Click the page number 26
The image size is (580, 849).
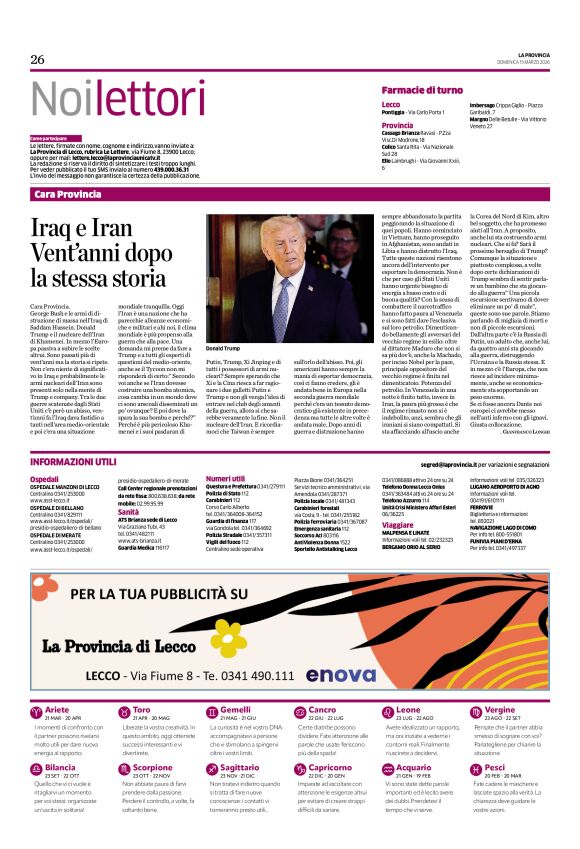pyautogui.click(x=38, y=59)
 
